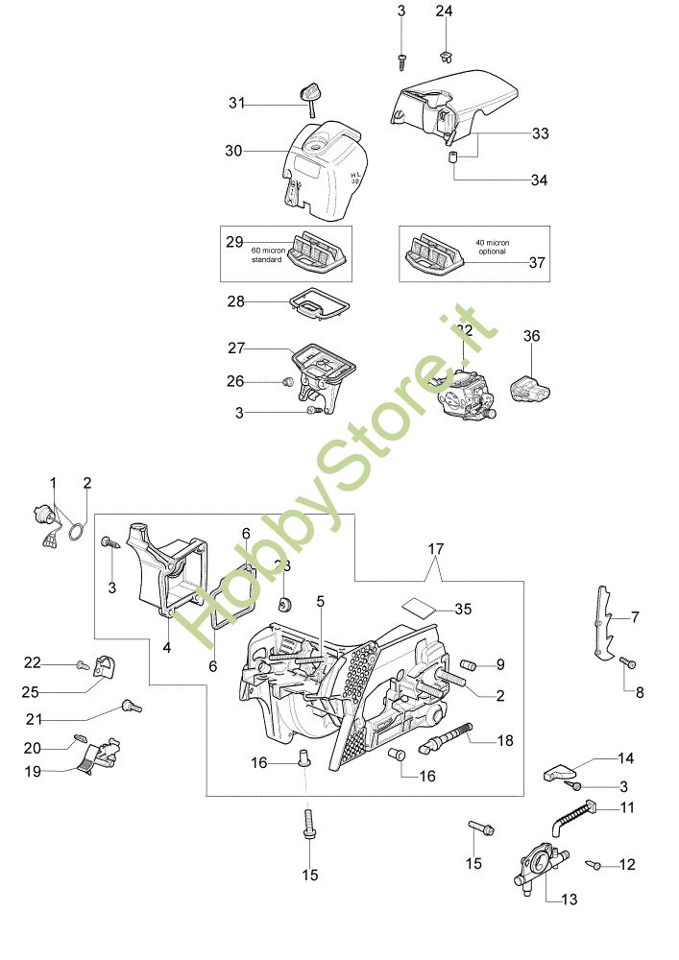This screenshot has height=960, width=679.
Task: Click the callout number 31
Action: coord(236,103)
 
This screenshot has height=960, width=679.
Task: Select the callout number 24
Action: coord(444,12)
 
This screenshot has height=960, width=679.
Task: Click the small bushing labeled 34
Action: coord(449,156)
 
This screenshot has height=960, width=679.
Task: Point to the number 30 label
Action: coord(232,151)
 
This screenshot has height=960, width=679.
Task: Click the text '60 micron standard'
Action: coord(266,254)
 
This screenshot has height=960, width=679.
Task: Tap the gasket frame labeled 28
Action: coord(313,305)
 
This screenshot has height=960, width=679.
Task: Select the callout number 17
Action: coord(436,549)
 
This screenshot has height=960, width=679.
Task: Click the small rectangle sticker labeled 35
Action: coord(416,607)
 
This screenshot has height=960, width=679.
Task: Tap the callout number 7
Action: coord(635,617)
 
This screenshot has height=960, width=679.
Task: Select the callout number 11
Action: coord(626,808)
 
